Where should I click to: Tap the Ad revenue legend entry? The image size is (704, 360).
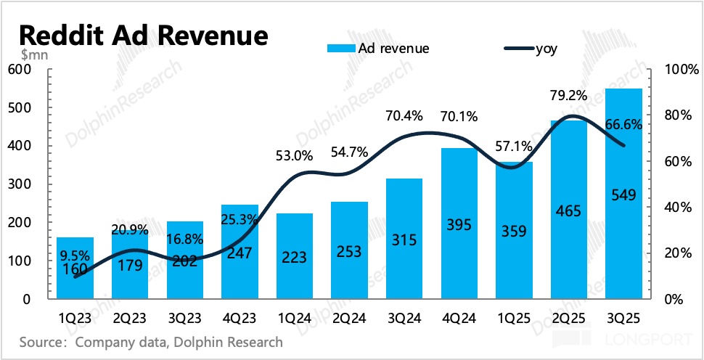[378, 49]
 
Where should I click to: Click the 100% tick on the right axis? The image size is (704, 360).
[679, 70]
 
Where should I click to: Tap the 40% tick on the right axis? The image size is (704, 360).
[676, 208]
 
